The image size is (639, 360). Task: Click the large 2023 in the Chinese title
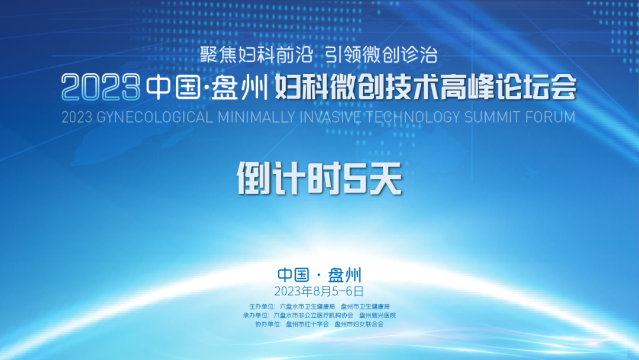click(x=101, y=87)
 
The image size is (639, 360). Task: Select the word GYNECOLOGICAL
click(x=155, y=117)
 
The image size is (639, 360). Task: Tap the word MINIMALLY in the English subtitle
click(x=256, y=117)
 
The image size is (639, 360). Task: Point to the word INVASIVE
click(x=330, y=117)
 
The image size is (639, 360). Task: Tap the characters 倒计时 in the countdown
click(x=289, y=178)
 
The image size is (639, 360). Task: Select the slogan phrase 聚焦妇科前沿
click(x=256, y=54)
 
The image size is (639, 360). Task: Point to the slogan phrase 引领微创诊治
click(x=382, y=54)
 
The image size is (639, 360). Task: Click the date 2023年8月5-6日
click(x=319, y=291)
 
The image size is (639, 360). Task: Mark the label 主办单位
click(x=262, y=307)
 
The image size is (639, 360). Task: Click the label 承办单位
click(x=256, y=315)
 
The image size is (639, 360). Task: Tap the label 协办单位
click(x=268, y=324)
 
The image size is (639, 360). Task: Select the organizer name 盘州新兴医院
click(x=377, y=315)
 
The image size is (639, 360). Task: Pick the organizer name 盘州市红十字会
click(x=307, y=324)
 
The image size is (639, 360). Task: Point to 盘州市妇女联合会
click(x=359, y=324)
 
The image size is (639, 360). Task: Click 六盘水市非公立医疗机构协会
click(x=314, y=315)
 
